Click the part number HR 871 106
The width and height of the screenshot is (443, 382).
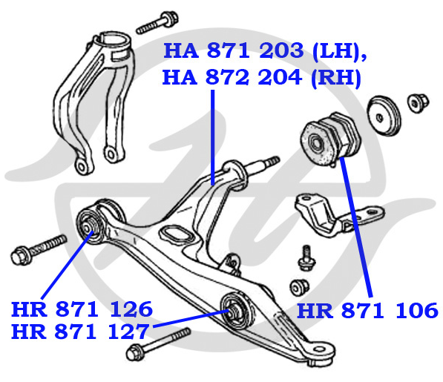click(367, 311)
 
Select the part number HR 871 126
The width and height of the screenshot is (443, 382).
click(82, 309)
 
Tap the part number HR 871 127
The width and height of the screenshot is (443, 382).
click(80, 332)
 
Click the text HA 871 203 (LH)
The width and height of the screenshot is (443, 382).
click(264, 51)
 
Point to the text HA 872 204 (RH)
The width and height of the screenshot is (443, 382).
click(262, 77)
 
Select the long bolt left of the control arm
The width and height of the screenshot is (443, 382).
click(39, 249)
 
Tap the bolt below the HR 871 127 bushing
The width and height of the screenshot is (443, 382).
click(158, 344)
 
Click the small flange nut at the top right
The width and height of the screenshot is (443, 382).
click(418, 103)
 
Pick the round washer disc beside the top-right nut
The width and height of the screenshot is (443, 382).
click(384, 116)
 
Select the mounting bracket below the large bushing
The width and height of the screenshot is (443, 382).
click(339, 215)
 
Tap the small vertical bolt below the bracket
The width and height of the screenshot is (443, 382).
click(306, 258)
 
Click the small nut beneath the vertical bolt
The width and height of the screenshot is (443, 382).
click(299, 287)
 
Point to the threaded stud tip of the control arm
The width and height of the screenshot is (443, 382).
click(273, 161)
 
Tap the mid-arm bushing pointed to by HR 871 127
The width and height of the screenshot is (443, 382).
click(236, 311)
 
